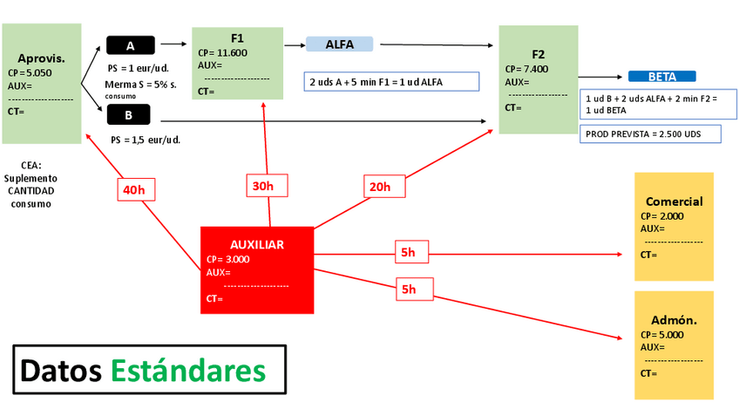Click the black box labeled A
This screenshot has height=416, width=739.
(x=131, y=45)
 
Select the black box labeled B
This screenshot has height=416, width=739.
(x=128, y=114)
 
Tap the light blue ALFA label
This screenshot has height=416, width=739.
(x=339, y=44)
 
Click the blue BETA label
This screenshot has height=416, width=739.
(x=661, y=77)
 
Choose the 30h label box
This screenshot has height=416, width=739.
(x=263, y=185)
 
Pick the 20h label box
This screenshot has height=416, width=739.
(x=379, y=186)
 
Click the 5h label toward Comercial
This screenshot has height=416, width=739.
(x=408, y=252)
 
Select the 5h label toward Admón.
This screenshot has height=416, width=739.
(x=408, y=289)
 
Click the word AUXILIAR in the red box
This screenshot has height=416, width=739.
(x=256, y=244)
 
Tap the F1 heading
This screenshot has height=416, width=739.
(x=237, y=38)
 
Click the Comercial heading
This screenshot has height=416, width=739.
(x=674, y=201)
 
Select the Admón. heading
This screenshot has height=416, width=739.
(x=674, y=320)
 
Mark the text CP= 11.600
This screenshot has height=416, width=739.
(x=222, y=52)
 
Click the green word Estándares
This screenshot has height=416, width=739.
(x=188, y=371)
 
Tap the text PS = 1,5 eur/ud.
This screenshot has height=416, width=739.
(x=145, y=140)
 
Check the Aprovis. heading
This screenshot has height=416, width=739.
(x=41, y=58)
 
